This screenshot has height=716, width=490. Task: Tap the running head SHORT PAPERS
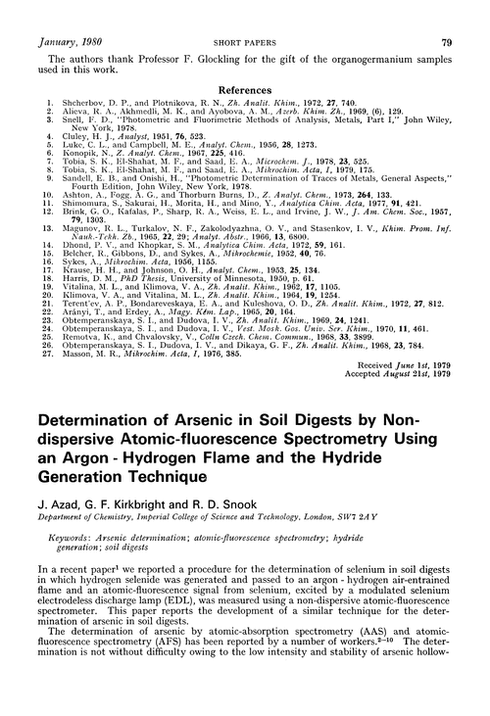pyautogui.click(x=244, y=15)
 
